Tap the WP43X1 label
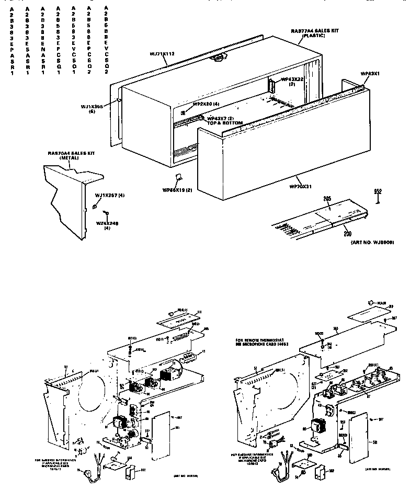370,74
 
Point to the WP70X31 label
301,186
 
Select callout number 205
327,199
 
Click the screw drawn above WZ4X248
106,213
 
